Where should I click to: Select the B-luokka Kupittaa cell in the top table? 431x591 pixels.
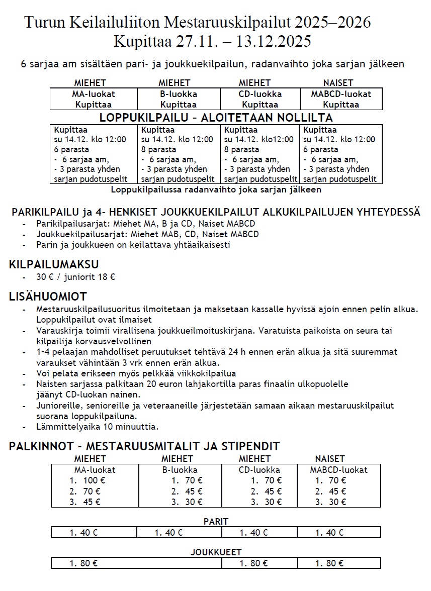click(x=178, y=100)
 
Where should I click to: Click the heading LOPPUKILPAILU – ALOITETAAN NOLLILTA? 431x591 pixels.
click(x=216, y=118)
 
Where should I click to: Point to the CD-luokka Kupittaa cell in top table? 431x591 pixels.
click(x=260, y=100)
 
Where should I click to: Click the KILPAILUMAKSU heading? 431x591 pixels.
click(x=54, y=264)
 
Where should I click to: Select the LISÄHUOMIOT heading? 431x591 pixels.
click(x=48, y=297)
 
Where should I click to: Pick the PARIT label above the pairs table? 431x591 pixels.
click(x=216, y=522)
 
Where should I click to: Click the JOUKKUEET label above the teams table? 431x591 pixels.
click(x=216, y=552)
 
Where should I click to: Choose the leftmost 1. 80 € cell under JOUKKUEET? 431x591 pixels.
click(x=83, y=563)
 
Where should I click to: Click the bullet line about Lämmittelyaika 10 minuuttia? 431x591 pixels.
click(x=97, y=427)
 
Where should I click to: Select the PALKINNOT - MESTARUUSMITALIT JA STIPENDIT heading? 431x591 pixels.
click(x=144, y=446)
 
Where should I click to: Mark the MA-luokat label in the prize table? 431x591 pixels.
click(x=95, y=470)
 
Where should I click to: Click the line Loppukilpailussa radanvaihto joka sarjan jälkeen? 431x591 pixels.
click(x=216, y=190)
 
